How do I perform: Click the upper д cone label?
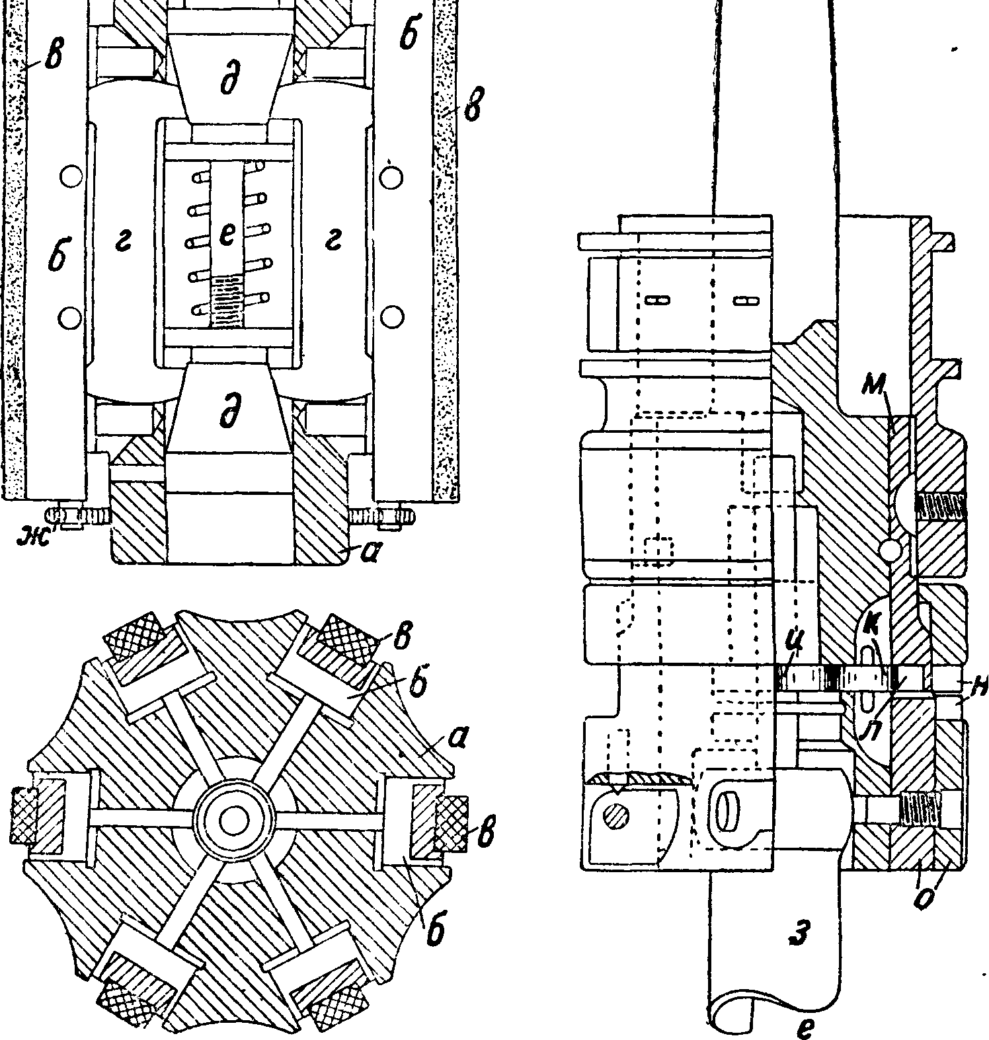228,81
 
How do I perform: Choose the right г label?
333,244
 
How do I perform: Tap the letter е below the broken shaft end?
803,1027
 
